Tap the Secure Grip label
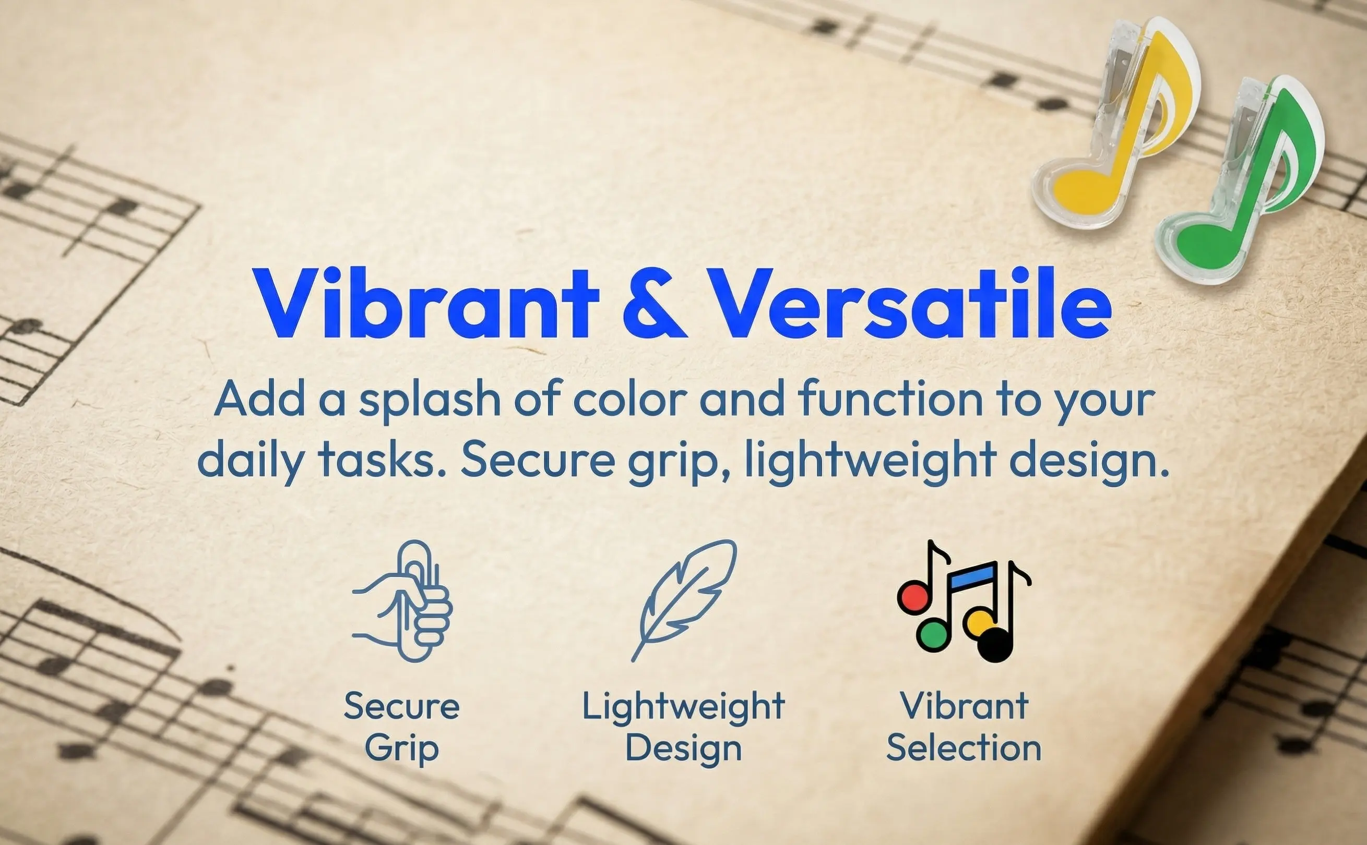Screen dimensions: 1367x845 click(402, 727)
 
